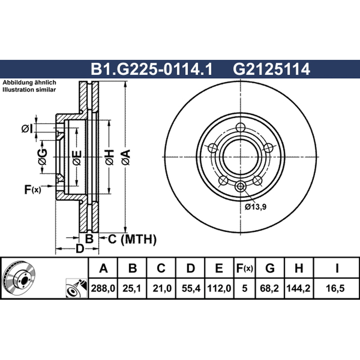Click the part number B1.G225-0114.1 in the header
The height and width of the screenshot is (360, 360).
(x=151, y=70)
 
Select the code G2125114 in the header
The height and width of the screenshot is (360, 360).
(x=271, y=70)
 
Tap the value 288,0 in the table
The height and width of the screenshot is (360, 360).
(x=103, y=288)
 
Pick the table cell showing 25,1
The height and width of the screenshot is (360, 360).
(x=132, y=288)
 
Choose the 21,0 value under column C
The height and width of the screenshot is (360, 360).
(x=161, y=288)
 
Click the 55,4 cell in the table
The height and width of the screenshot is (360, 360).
(x=190, y=288)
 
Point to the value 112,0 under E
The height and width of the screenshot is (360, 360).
(x=219, y=288)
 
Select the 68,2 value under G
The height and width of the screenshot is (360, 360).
(x=270, y=288)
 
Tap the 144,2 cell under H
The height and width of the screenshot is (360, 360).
(x=298, y=288)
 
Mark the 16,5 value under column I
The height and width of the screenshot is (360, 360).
(x=337, y=288)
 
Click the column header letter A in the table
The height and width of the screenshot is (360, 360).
(x=103, y=269)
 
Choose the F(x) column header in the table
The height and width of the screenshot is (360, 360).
(x=244, y=269)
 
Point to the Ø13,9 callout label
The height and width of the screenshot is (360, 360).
(x=256, y=207)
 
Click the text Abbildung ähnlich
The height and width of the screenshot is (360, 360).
(x=29, y=83)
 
